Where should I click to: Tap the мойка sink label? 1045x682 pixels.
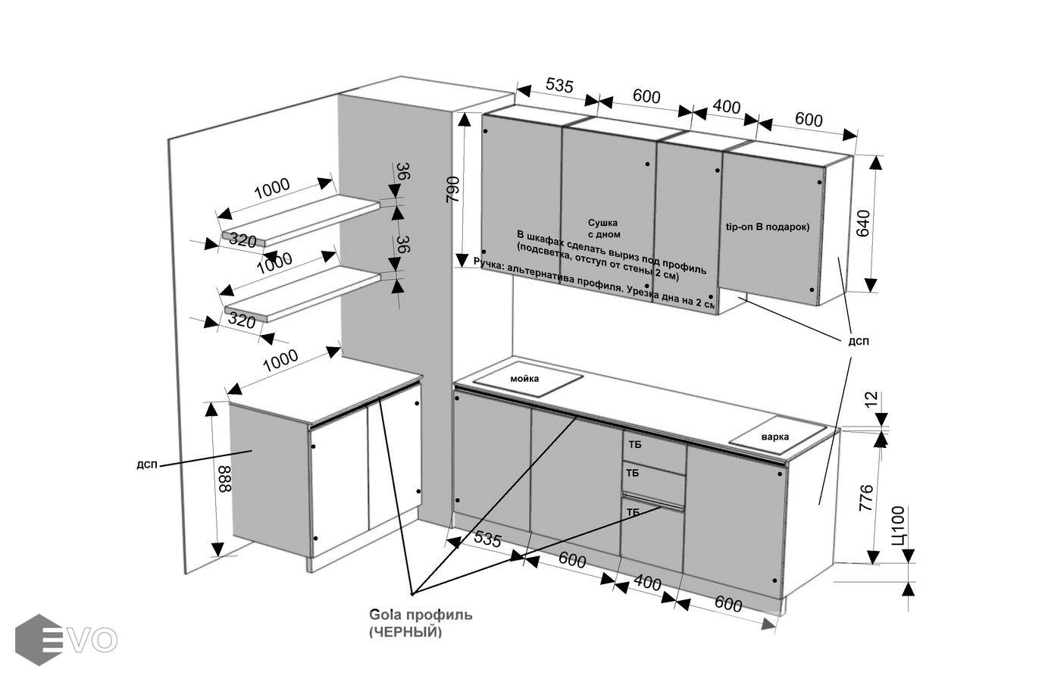click(524, 378)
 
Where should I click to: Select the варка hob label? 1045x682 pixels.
click(775, 436)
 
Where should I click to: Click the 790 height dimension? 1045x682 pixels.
click(452, 189)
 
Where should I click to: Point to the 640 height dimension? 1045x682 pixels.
click(863, 224)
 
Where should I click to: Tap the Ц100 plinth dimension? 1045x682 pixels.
click(899, 525)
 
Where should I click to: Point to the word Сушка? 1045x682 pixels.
click(602, 223)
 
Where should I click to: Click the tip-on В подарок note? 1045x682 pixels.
click(768, 227)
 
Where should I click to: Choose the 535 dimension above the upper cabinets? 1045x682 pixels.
click(558, 86)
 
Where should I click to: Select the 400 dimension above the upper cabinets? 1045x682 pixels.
click(727, 107)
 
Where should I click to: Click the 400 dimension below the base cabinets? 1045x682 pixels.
click(647, 583)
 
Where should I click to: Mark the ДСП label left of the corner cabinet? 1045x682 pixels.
click(147, 465)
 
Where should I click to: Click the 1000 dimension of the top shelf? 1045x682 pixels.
click(271, 188)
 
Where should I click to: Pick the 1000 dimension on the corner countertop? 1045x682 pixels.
click(280, 361)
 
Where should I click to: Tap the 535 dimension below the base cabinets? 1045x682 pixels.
click(488, 540)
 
